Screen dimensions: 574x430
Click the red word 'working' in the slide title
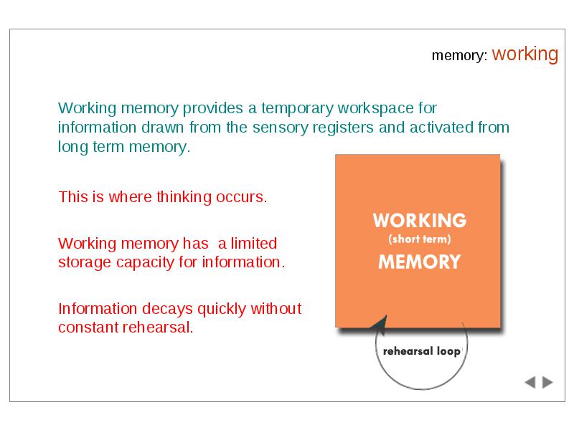click(x=525, y=54)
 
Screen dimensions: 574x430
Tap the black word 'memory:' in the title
click(x=460, y=56)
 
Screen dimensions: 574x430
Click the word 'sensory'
click(x=280, y=128)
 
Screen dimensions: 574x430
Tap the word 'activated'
click(x=441, y=128)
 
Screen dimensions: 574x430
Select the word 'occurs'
click(x=240, y=198)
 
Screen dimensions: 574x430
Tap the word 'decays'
click(x=167, y=310)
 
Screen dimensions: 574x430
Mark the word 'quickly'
click(x=222, y=310)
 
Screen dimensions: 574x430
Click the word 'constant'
click(x=88, y=328)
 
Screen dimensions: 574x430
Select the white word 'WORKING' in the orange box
click(x=420, y=221)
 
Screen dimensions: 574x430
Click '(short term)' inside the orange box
click(x=420, y=239)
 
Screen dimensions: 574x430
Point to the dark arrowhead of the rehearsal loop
click(x=380, y=325)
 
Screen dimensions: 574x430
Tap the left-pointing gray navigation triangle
click(x=530, y=383)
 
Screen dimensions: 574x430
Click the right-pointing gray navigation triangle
click(x=547, y=383)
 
